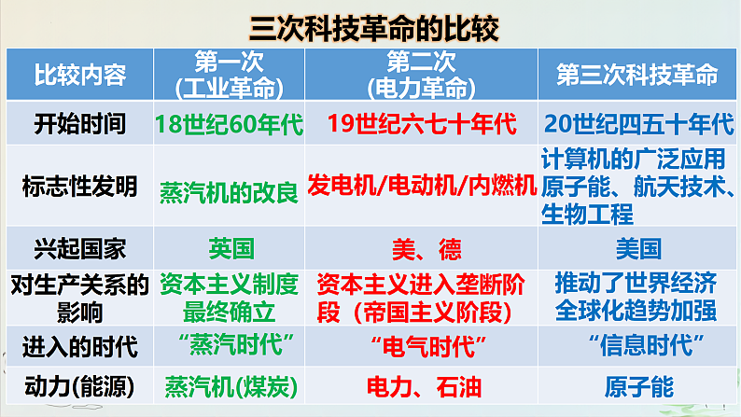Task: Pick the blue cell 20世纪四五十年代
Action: [637, 122]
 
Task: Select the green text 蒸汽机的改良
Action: [230, 191]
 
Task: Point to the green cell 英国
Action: [231, 248]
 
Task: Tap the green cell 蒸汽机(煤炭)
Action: [229, 386]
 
